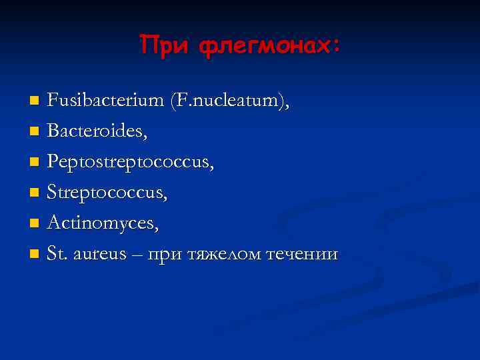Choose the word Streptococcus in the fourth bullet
click(x=107, y=193)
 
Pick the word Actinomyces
click(x=103, y=224)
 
